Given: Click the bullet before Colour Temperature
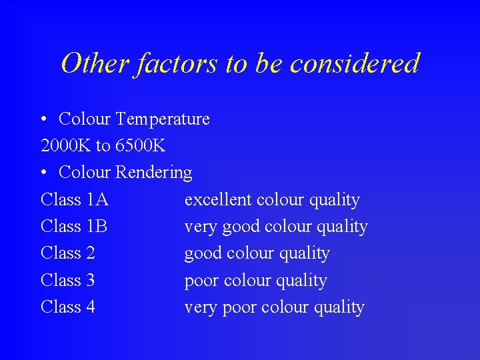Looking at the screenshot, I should pos(43,120).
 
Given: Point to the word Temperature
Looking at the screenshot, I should pos(162,119).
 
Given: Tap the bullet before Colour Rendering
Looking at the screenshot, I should pos(43,173).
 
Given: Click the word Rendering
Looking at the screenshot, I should pos(153,173).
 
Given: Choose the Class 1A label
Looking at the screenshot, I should pos(74,200).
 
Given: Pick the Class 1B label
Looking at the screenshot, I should pos(73,227).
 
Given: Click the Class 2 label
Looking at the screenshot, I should pos(67,253).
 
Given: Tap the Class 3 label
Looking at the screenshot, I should pos(67,281).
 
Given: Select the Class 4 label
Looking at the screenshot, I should pos(67,307).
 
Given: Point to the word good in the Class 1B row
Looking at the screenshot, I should pos(241,227).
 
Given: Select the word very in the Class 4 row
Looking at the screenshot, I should pos(200,308).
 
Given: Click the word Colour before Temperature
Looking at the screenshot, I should pos(84,119).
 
